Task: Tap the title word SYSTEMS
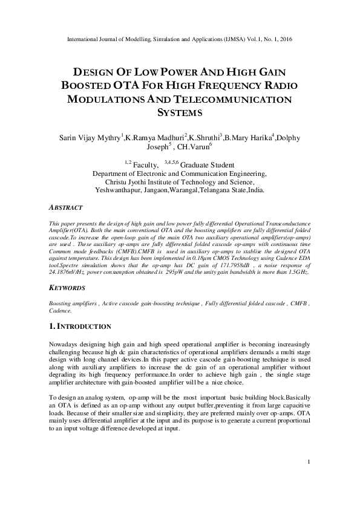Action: (x=180, y=112)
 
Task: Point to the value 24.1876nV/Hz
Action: (x=68, y=273)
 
